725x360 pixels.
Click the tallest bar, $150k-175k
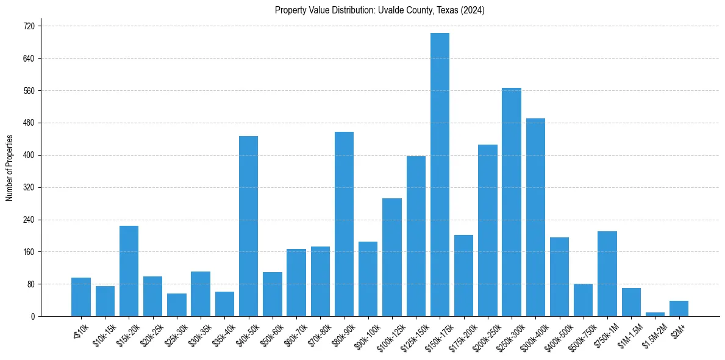(440, 175)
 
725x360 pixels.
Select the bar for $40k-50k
(248, 226)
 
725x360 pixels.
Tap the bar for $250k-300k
(512, 202)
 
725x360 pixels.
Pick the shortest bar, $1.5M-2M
(655, 314)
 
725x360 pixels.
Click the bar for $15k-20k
(129, 271)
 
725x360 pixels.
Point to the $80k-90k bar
(344, 224)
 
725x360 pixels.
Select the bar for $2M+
(679, 308)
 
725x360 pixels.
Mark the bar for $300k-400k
(535, 217)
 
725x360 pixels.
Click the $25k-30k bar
(177, 304)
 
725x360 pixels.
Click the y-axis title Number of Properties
(10, 168)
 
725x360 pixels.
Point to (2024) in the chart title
(473, 10)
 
